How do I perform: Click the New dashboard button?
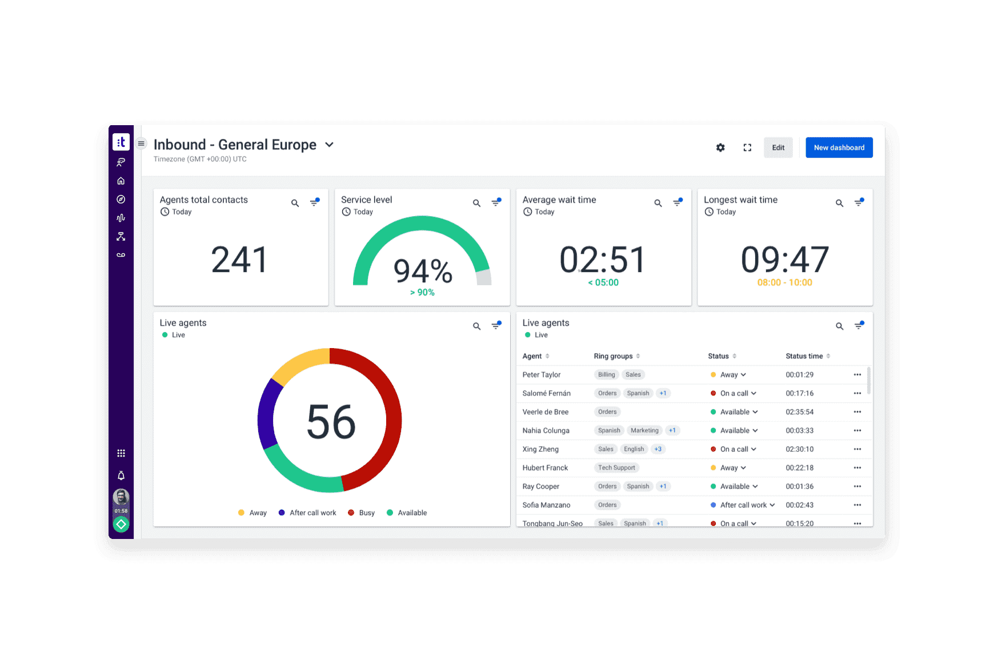839,147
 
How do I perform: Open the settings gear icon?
720,147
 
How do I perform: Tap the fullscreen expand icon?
747,147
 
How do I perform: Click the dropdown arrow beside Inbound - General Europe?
329,145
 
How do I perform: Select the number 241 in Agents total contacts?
239,260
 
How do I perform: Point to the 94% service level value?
423,271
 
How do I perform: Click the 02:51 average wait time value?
603,260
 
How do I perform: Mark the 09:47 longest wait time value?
784,260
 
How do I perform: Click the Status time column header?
804,356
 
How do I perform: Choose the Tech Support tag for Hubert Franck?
616,468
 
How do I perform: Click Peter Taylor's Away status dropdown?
733,375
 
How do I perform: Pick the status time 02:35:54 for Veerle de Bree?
799,412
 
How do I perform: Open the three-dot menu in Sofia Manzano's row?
857,505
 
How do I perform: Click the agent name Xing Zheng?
540,449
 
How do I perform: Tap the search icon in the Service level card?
476,203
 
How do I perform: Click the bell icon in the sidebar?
121,476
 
